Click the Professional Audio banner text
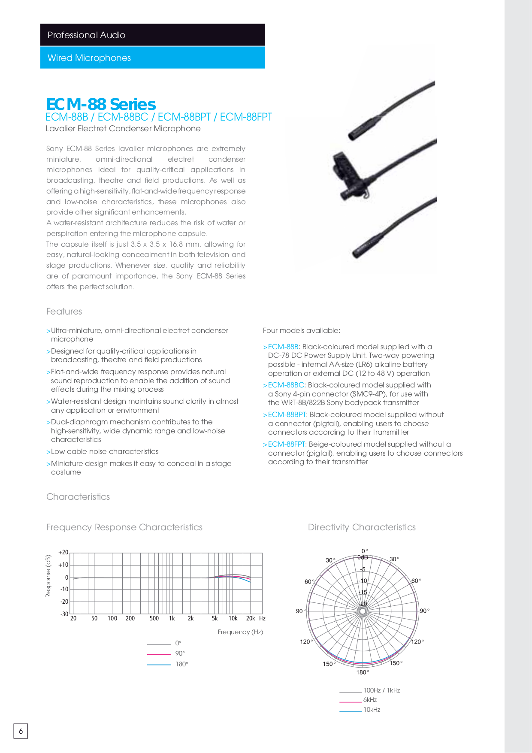pyautogui.click(x=86, y=35)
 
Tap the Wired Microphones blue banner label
pyautogui.click(x=89, y=58)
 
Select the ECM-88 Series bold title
pyautogui.click(x=101, y=104)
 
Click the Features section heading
pyautogui.click(x=64, y=311)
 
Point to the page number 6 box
pyautogui.click(x=21, y=731)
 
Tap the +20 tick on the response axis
pyautogui.click(x=63, y=553)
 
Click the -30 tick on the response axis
pyautogui.click(x=64, y=614)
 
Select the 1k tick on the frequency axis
pyautogui.click(x=172, y=618)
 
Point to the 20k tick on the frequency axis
pyautogui.click(x=251, y=618)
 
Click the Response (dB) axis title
pyautogui.click(x=48, y=576)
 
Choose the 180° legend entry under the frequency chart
pyautogui.click(x=181, y=664)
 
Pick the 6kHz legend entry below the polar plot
pyautogui.click(x=370, y=700)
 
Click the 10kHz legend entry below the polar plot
pyautogui.click(x=372, y=710)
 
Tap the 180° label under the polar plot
pyautogui.click(x=363, y=672)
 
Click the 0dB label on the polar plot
pyautogui.click(x=363, y=557)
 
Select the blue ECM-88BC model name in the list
pyautogui.click(x=286, y=385)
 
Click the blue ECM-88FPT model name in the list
pyautogui.click(x=286, y=445)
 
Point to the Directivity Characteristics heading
pyautogui.click(x=362, y=527)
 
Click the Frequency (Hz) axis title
pyautogui.click(x=240, y=632)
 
